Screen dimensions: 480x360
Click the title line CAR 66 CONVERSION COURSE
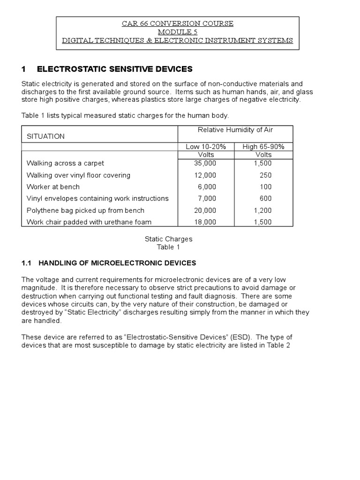click(178, 23)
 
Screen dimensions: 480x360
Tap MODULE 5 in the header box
click(178, 32)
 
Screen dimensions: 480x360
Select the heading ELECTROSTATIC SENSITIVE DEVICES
click(114, 69)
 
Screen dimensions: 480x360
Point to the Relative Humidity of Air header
click(235, 129)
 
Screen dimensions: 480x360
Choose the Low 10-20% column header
click(206, 147)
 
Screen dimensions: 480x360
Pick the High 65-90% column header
click(263, 147)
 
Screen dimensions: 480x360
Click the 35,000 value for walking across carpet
click(205, 163)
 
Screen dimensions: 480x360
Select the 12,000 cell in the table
click(205, 175)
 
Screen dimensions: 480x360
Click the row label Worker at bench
click(53, 187)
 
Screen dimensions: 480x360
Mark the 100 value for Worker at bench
click(266, 187)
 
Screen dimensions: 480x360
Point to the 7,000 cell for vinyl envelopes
click(207, 198)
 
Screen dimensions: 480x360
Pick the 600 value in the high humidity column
click(266, 198)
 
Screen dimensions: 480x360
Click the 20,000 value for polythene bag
click(205, 210)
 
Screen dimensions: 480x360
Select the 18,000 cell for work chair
click(205, 222)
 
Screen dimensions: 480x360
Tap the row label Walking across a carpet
click(65, 163)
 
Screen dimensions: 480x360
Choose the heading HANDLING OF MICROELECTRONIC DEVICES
click(117, 263)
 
